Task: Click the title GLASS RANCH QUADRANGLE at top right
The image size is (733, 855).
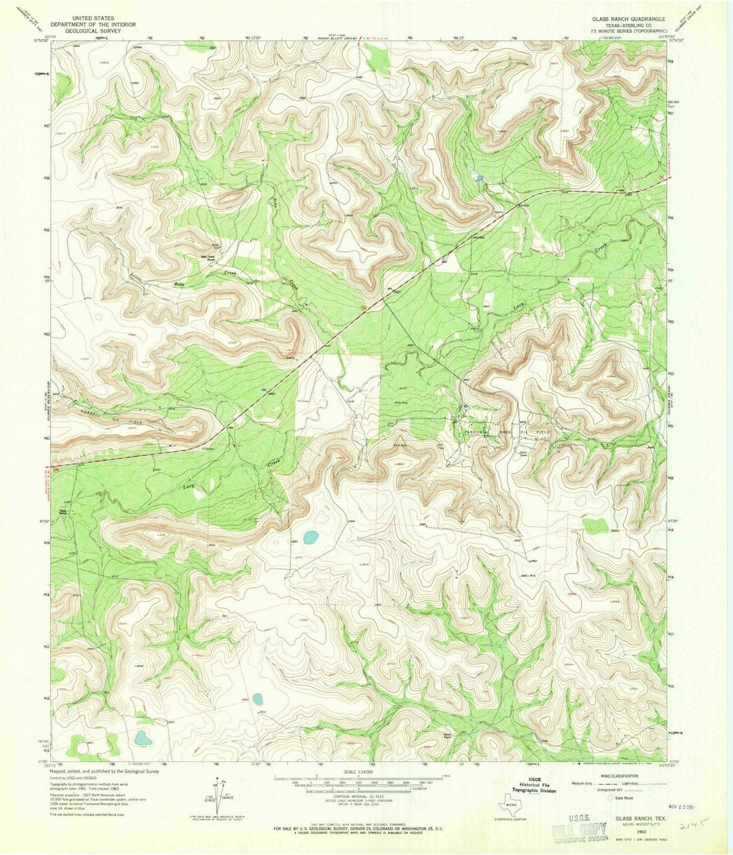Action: [x=628, y=19]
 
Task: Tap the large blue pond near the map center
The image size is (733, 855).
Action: [x=310, y=538]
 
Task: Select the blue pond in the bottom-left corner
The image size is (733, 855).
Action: [x=141, y=738]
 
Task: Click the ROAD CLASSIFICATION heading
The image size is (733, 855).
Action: [x=619, y=776]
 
